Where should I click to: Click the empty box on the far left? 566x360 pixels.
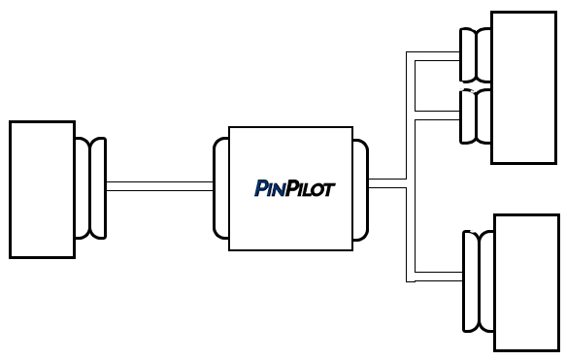tap(42, 189)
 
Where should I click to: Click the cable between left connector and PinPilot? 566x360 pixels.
tap(159, 187)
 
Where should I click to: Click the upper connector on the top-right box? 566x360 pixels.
tap(476, 55)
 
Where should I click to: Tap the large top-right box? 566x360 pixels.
tap(524, 87)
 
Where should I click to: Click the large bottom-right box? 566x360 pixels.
tap(526, 281)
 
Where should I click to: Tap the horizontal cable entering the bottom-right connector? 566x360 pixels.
tap(437, 278)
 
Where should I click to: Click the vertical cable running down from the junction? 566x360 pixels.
tap(410, 233)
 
